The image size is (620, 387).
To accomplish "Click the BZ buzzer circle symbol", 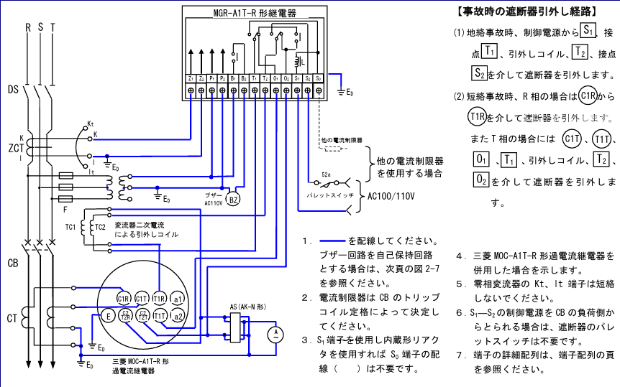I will click(x=233, y=200).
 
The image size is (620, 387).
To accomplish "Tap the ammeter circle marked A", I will click(x=273, y=332).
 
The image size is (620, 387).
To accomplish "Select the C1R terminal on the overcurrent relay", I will click(x=124, y=299).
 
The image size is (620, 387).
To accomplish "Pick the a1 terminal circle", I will click(x=178, y=299).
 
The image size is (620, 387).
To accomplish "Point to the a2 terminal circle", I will click(x=178, y=316).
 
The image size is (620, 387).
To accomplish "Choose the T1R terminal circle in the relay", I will click(x=159, y=299).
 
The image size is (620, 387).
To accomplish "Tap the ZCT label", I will click(x=14, y=149).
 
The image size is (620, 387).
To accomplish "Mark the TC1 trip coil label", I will click(x=70, y=227).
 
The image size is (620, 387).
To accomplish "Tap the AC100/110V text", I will click(x=393, y=195).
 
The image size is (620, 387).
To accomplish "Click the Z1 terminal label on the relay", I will click(x=190, y=78).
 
